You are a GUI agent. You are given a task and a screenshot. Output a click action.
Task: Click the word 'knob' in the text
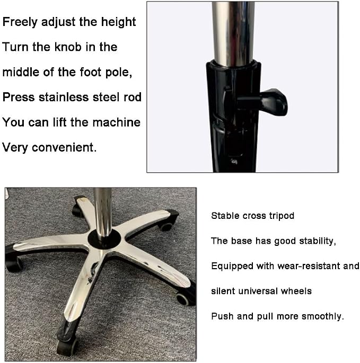68,47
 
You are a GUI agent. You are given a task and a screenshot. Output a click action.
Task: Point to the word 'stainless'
64,97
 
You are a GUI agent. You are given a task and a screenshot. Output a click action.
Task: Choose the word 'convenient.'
64,147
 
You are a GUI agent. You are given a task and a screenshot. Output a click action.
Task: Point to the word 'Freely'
20,22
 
